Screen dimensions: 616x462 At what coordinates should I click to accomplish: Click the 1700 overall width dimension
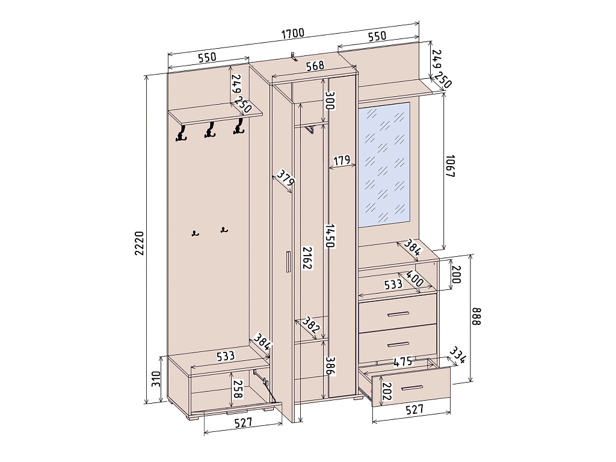pos(293,33)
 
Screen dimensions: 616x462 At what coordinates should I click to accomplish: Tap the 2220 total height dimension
pos(140,244)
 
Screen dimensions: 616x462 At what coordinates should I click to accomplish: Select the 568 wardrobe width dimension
pos(315,65)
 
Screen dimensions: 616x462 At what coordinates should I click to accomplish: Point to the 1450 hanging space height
pos(330,236)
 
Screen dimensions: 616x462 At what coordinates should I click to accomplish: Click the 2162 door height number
pos(307,258)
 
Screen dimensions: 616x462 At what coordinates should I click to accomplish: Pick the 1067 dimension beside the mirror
pos(450,167)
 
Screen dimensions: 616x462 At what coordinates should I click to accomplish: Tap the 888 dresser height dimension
pos(476,316)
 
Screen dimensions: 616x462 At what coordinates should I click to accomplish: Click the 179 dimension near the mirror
pos(342,160)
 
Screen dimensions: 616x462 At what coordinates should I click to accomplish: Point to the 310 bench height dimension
pos(156,379)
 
